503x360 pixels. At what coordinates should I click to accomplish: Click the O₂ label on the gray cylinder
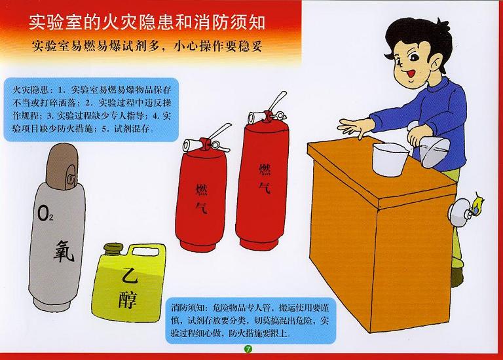pos(45,213)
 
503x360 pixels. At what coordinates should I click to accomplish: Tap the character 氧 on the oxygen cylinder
pos(64,251)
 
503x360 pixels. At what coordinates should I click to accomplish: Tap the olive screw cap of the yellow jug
pos(113,249)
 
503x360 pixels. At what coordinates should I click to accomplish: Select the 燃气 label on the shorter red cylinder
pos(202,198)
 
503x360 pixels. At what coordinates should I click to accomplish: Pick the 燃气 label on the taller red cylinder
pos(265,178)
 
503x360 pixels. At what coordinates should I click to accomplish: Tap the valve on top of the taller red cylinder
pos(267,111)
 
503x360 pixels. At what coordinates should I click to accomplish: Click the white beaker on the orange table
pos(389,159)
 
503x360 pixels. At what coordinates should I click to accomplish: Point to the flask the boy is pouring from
pos(434,150)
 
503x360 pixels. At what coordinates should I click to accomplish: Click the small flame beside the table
pos(477,204)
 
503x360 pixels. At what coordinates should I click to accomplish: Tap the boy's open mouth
pos(411,73)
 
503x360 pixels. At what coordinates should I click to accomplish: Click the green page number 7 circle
pos(248,349)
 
